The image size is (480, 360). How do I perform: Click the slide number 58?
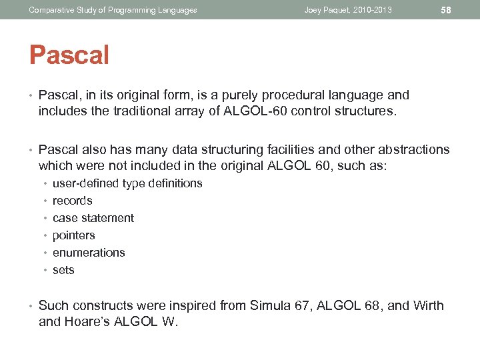coord(447,10)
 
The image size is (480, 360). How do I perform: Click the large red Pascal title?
coord(69,55)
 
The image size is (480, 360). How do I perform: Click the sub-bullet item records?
coord(72,201)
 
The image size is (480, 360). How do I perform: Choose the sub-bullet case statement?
coord(93,218)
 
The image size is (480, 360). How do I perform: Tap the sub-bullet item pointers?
coord(73,235)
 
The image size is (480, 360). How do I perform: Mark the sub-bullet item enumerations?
coord(89,253)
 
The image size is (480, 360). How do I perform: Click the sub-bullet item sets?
coord(63,270)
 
